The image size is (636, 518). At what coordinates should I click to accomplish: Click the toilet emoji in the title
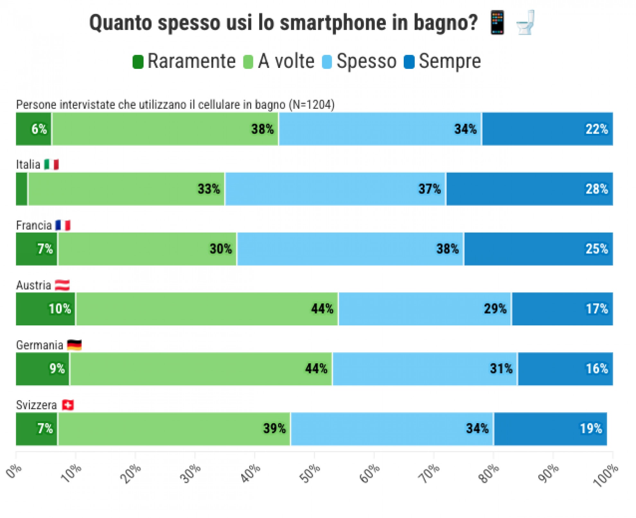[x=525, y=23]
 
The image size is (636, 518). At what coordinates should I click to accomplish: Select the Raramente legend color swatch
[x=138, y=61]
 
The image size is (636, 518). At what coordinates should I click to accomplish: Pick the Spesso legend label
[x=366, y=61]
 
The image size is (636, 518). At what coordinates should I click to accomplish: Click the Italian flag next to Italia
[x=51, y=165]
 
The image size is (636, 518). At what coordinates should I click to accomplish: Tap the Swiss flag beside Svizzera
[x=67, y=405]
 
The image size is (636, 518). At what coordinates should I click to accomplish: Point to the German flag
[x=74, y=345]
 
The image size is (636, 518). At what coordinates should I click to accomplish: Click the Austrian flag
[x=62, y=285]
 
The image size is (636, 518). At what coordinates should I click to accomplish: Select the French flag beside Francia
[x=63, y=225]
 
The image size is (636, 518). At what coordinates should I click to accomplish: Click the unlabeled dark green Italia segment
[x=22, y=189]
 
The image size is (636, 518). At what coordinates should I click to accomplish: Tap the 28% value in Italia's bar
[x=596, y=189]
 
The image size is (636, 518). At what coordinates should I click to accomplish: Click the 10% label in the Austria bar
[x=60, y=309]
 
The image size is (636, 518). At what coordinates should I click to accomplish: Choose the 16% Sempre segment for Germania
[x=565, y=369]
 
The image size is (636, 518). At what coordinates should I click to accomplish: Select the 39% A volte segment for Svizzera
[x=174, y=429]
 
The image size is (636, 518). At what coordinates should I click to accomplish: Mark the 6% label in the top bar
[x=39, y=129]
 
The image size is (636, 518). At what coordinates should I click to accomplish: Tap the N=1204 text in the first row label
[x=312, y=105]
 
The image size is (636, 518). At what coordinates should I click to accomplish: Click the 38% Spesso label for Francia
[x=447, y=249]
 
